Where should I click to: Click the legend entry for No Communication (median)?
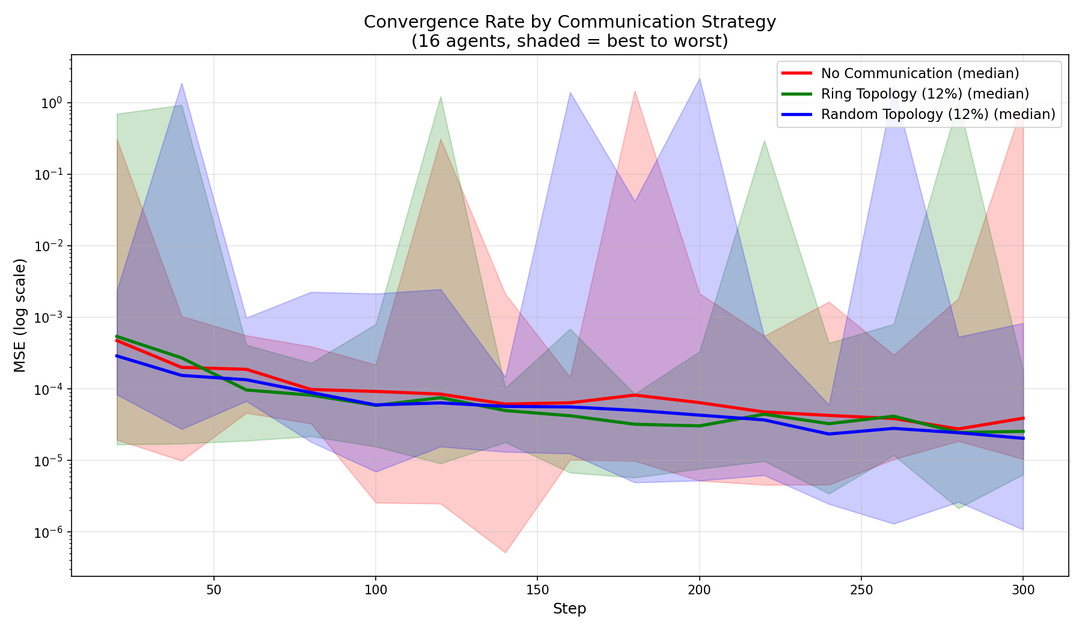[920, 73]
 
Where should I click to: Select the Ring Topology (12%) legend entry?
[925, 94]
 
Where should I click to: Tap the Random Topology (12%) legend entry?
[938, 114]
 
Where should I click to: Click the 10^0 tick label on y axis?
[52, 103]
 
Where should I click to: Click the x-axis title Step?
[569, 609]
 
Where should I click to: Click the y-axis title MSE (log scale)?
[20, 315]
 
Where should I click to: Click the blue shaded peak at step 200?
[699, 79]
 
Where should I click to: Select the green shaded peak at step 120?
[441, 97]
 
